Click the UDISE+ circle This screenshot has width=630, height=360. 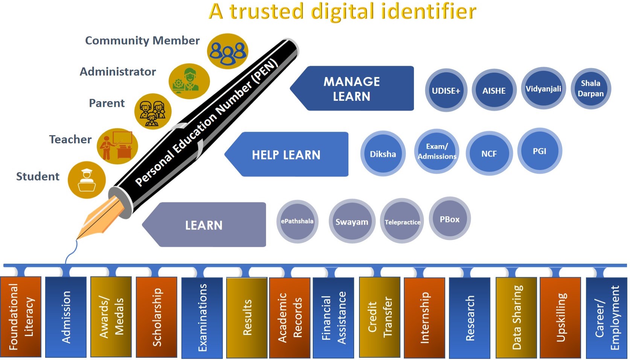(x=446, y=90)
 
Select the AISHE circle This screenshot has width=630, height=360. (x=494, y=90)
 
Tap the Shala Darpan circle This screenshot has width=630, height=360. (x=590, y=88)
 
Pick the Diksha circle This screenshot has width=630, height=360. (x=383, y=154)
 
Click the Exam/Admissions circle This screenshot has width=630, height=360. (x=437, y=151)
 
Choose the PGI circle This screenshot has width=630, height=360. (x=539, y=151)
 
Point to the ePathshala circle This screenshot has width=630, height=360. (x=297, y=221)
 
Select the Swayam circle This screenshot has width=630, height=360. (x=352, y=222)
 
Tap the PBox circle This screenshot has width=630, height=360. (x=450, y=219)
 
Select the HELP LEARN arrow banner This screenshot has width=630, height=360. (x=287, y=154)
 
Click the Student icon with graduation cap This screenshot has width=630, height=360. (x=87, y=180)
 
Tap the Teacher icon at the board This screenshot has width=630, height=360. (x=117, y=146)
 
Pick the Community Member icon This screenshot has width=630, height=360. (x=227, y=51)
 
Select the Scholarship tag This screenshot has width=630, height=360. (x=157, y=317)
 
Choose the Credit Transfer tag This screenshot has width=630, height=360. (x=379, y=317)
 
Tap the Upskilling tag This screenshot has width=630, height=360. (x=560, y=317)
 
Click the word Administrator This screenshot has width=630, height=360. (x=118, y=71)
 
